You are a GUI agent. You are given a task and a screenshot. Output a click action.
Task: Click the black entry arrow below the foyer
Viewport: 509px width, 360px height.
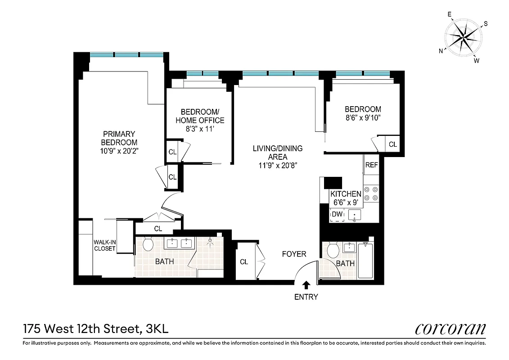(306, 284)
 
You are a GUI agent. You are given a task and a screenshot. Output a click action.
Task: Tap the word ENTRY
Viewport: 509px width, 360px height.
(306, 297)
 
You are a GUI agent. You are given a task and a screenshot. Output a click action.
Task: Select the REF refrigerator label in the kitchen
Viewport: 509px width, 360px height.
(371, 165)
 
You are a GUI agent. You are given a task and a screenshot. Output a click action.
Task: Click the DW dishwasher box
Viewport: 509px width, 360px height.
(337, 215)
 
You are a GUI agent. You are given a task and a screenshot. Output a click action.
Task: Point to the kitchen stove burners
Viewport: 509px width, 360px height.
(372, 193)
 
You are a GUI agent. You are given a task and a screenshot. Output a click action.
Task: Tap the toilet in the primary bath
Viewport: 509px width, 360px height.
(148, 244)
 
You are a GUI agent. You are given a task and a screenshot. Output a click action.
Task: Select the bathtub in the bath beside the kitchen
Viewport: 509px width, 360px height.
(365, 261)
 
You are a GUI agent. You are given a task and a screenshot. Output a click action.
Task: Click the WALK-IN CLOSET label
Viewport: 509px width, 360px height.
(105, 245)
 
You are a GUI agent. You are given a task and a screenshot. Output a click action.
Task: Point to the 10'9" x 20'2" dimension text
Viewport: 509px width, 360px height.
(119, 151)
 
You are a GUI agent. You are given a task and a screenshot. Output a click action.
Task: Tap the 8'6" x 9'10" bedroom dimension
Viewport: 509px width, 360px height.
(363, 118)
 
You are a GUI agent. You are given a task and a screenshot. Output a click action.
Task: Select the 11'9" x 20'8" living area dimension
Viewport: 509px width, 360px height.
(277, 165)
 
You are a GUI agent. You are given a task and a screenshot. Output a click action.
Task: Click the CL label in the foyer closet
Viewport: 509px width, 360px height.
(244, 262)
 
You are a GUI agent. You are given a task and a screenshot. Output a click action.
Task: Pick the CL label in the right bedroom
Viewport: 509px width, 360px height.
(393, 144)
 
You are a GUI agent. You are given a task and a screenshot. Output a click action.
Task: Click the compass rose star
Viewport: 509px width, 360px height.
(463, 37)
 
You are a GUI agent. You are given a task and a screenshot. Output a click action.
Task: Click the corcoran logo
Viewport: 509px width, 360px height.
(450, 329)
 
